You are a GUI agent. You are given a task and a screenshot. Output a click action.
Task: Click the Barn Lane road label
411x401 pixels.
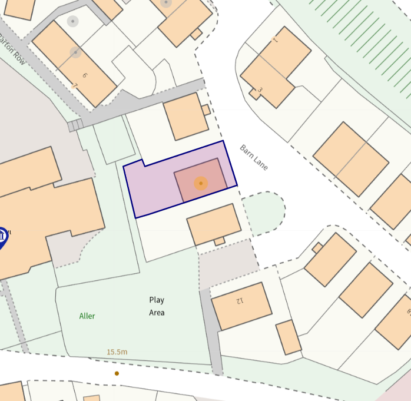point(254,157)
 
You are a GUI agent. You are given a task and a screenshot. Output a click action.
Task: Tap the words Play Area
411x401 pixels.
point(157,306)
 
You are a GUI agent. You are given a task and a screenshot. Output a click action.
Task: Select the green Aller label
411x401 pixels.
point(87,316)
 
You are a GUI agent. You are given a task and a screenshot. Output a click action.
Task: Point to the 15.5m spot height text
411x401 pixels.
point(117,352)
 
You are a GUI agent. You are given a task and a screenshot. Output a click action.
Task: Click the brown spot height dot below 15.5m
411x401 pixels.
point(117,373)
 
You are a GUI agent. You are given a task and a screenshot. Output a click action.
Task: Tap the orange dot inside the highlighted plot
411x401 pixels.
point(201,184)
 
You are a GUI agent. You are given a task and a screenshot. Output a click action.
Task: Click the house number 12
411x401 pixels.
point(239,300)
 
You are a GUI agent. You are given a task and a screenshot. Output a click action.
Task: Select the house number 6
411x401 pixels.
point(85,75)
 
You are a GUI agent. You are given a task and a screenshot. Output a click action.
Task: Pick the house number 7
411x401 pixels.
point(74,87)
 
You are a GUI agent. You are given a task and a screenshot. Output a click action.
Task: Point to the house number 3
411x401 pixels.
point(260,90)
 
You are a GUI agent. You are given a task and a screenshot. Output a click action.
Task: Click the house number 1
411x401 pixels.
point(274,40)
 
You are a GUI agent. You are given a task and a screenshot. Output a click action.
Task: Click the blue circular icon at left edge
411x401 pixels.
point(2,237)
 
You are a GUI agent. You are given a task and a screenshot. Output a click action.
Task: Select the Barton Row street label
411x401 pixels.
point(13,52)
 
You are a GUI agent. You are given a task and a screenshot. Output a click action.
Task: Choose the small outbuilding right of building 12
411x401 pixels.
point(289,337)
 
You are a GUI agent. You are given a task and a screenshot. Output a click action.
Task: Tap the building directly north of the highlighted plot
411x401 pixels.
point(185,116)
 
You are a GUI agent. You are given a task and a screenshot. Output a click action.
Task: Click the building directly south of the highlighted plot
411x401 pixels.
point(213,224)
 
